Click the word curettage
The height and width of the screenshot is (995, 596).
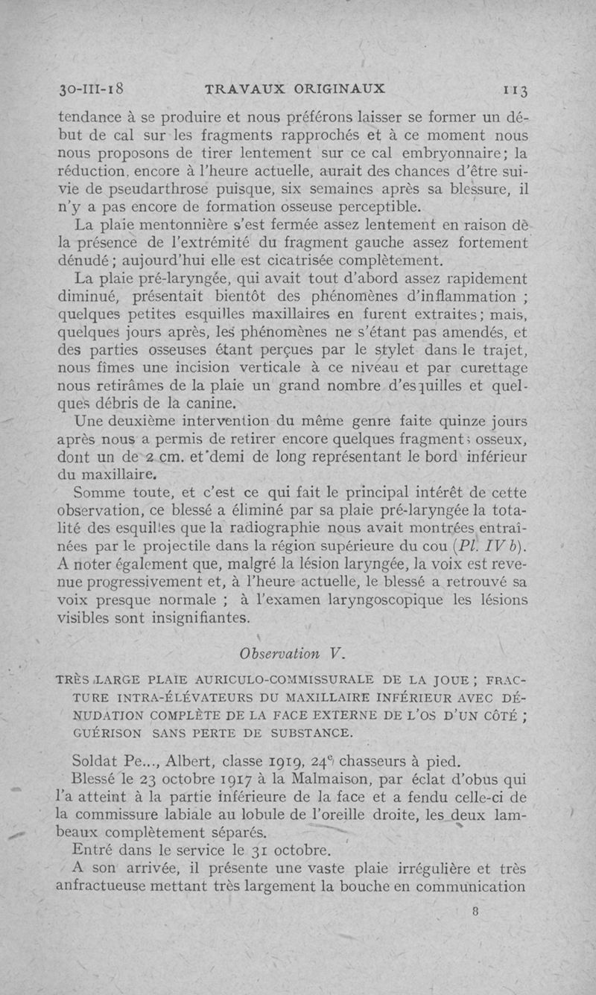[x=486, y=368]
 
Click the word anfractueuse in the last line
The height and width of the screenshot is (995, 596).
[x=105, y=886]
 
